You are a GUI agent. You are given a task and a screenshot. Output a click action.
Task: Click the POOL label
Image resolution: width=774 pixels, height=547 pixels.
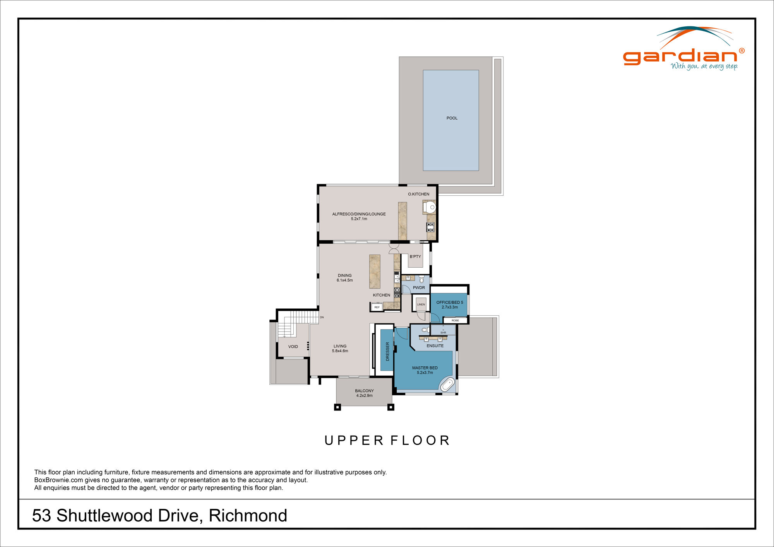coord(452,118)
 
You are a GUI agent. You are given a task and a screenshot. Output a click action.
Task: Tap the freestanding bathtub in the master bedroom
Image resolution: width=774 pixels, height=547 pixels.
coord(447,385)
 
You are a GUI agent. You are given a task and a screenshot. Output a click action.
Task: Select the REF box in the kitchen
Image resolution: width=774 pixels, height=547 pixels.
coord(377,307)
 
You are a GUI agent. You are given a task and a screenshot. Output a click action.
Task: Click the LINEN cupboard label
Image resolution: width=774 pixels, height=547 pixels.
coord(421,304)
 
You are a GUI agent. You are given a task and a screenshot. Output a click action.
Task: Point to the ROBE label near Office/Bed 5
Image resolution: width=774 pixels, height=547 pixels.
coord(455,320)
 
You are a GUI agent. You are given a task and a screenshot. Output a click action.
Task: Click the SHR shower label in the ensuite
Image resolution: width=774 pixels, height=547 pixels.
coord(443,333)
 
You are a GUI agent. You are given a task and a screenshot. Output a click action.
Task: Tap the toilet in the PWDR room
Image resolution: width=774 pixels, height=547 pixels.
coord(421,279)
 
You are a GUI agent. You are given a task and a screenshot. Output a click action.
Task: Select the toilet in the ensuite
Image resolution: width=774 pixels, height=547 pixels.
coord(425,330)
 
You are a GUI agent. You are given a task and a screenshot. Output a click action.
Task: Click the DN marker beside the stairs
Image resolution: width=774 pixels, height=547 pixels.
coord(322,317)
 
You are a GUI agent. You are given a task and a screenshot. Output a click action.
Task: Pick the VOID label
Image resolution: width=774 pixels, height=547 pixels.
coord(293,347)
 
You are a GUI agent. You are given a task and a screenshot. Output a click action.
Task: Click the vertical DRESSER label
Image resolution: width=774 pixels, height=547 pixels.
coord(387,351)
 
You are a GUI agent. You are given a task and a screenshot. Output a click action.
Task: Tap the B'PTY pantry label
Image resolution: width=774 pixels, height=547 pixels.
coord(415,256)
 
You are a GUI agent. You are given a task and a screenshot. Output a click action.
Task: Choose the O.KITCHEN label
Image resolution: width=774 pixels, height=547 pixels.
coord(418,194)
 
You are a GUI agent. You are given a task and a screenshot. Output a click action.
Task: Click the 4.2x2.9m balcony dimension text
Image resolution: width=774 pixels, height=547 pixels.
coord(364,396)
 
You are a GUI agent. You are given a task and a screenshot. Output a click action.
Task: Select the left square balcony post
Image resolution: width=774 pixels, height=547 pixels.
coord(337,407)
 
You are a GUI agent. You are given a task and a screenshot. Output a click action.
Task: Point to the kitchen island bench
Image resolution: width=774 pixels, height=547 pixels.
coord(375,272)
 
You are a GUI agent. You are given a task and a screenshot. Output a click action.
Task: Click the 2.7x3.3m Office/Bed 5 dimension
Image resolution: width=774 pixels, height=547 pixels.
coord(450,307)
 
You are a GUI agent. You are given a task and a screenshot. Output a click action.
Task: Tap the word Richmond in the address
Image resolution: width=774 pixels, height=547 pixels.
coord(248,516)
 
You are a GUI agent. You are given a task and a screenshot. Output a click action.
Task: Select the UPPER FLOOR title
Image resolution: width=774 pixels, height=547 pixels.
coord(387,440)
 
